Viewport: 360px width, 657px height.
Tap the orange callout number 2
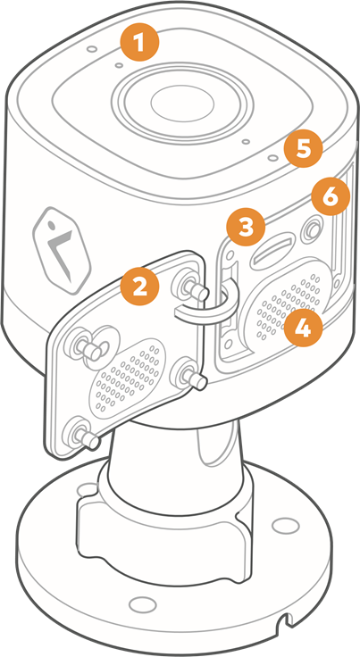pyautogui.click(x=140, y=287)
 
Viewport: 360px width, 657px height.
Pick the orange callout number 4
pyautogui.click(x=304, y=328)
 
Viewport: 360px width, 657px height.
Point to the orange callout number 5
pyautogui.click(x=304, y=148)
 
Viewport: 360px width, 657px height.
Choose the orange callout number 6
pyautogui.click(x=330, y=196)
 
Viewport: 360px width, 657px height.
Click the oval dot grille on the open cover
pyautogui.click(x=126, y=373)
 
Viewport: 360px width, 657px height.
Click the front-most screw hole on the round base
pyautogui.click(x=141, y=605)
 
